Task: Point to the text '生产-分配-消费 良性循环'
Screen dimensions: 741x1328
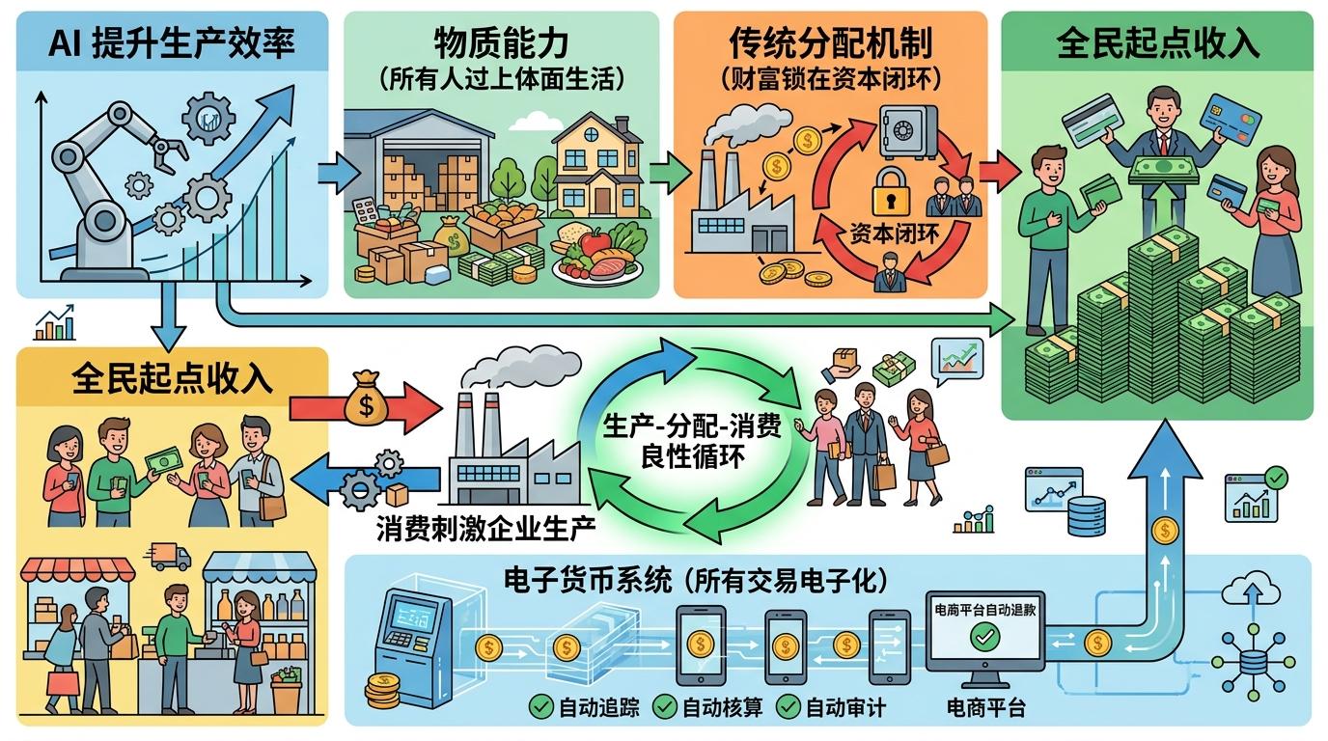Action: (x=692, y=439)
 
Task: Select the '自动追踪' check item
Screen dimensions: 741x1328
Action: (x=583, y=707)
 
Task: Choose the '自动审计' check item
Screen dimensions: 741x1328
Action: (x=831, y=707)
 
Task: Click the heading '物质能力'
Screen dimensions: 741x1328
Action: (x=501, y=43)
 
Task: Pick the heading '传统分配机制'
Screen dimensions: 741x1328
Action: (x=829, y=43)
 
